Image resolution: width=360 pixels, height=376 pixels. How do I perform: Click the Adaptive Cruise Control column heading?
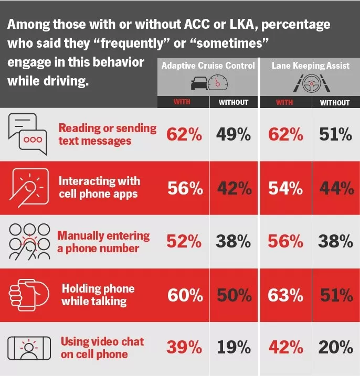[208, 66]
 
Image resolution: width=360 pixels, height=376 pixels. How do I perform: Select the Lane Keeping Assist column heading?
[310, 66]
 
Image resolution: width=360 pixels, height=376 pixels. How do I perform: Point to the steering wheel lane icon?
[310, 82]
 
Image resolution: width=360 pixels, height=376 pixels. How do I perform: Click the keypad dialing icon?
[28, 241]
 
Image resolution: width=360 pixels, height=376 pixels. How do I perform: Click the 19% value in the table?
[233, 347]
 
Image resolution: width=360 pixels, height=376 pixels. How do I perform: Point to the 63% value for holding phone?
[285, 295]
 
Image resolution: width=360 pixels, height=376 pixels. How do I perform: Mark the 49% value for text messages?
[233, 135]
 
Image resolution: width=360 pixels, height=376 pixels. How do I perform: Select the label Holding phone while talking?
[98, 295]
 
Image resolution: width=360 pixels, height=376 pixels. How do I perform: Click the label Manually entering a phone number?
[103, 242]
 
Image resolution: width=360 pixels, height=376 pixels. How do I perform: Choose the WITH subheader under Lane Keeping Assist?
[284, 102]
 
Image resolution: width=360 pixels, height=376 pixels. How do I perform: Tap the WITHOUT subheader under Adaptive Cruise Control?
[233, 102]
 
